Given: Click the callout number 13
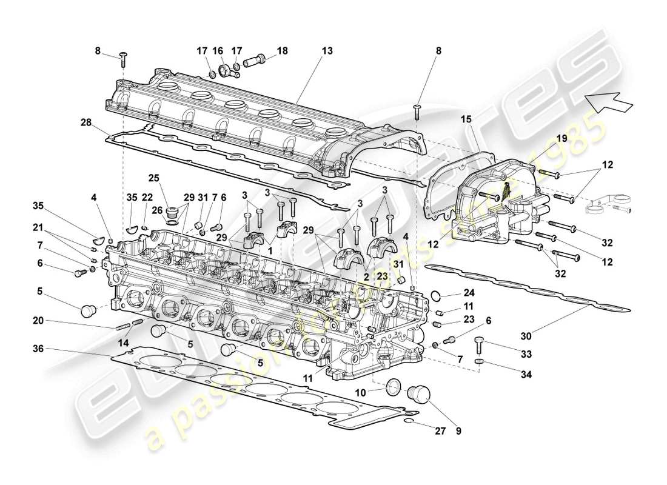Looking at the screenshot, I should pos(327,52).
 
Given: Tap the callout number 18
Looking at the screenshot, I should pos(282,52).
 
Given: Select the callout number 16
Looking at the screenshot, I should pos(221,52).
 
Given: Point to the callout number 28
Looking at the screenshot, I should pos(85,122).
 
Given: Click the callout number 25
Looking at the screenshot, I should pos(153,178).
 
